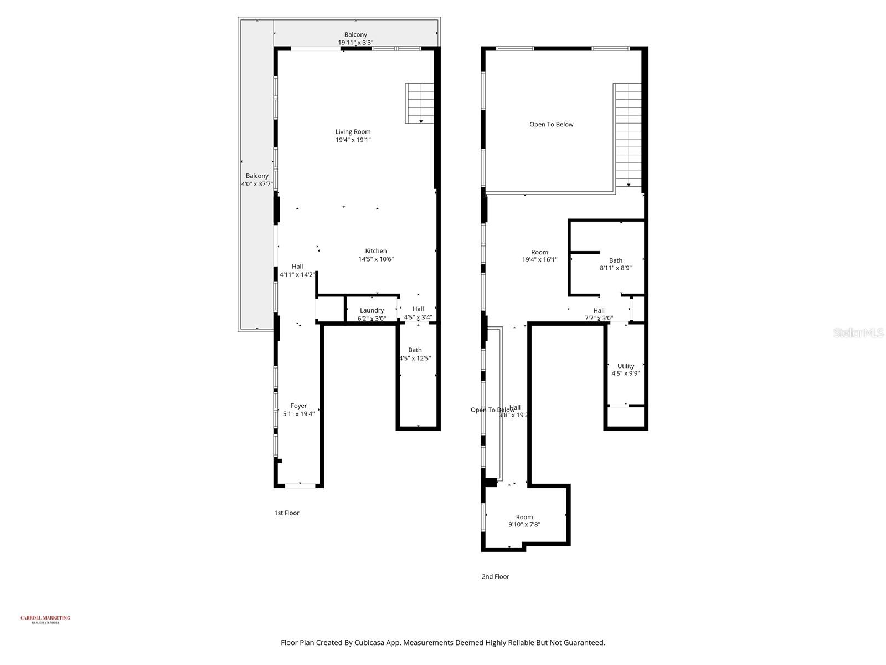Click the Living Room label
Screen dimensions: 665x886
tap(353, 132)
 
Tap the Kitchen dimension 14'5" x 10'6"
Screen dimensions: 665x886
tap(376, 259)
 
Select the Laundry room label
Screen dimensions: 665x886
tap(372, 311)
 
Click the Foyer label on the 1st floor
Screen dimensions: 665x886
tap(298, 406)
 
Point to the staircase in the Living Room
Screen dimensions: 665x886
tap(420, 104)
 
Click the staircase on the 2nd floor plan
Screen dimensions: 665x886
tap(629, 136)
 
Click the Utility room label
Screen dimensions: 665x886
tap(626, 366)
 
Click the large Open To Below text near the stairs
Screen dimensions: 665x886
tap(551, 125)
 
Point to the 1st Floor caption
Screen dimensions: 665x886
tap(287, 513)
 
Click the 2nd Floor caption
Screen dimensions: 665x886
tap(495, 577)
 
